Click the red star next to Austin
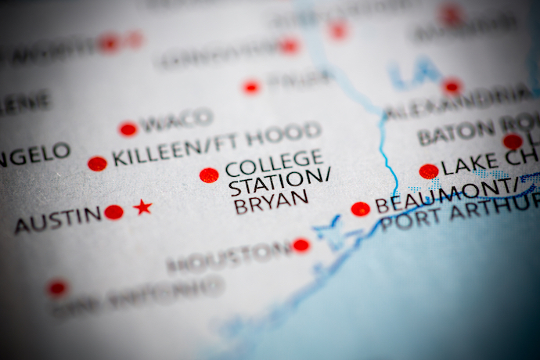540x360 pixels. [x=142, y=207]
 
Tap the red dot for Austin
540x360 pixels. [x=114, y=212]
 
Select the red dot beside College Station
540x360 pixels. [x=209, y=175]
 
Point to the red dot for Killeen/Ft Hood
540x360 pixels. [x=97, y=164]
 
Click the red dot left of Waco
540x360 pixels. [x=128, y=129]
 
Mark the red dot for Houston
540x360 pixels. [x=301, y=246]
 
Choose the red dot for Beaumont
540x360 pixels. [x=360, y=209]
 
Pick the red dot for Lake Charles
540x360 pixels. [x=428, y=171]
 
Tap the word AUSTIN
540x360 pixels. [x=58, y=220]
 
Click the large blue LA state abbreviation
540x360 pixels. [x=415, y=72]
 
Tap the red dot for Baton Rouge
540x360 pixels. [x=513, y=142]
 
